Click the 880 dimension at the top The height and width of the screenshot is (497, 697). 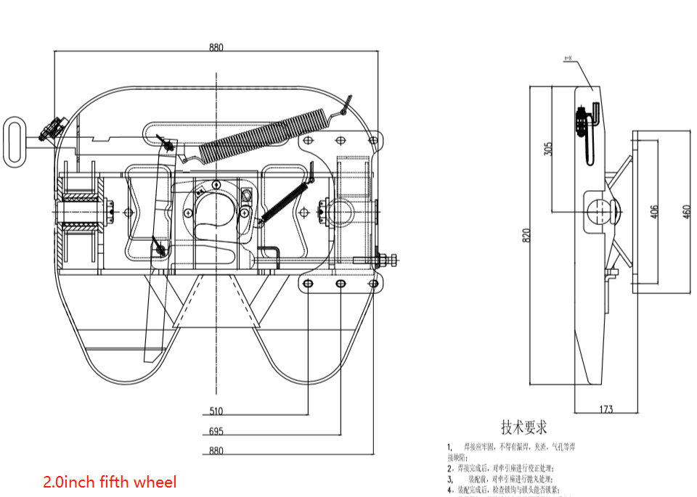tap(216, 48)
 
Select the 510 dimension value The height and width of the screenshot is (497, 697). tap(216, 411)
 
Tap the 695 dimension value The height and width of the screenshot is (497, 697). tap(216, 431)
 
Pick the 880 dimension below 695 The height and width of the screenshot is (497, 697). tap(216, 451)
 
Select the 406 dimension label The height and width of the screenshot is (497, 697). tap(654, 211)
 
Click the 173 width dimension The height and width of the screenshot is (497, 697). tap(606, 409)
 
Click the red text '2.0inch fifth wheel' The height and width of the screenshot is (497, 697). tap(110, 481)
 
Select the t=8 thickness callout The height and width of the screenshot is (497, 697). tap(568, 57)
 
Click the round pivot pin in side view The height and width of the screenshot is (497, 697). tap(600, 212)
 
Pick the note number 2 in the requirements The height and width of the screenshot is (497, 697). tap(450, 468)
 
